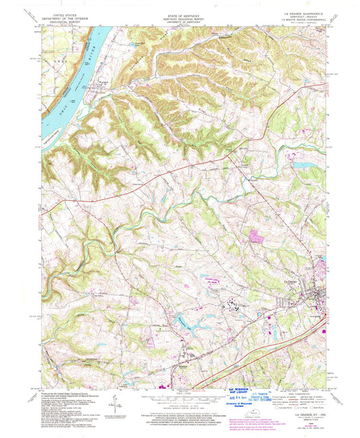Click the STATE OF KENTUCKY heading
tap(178, 13)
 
